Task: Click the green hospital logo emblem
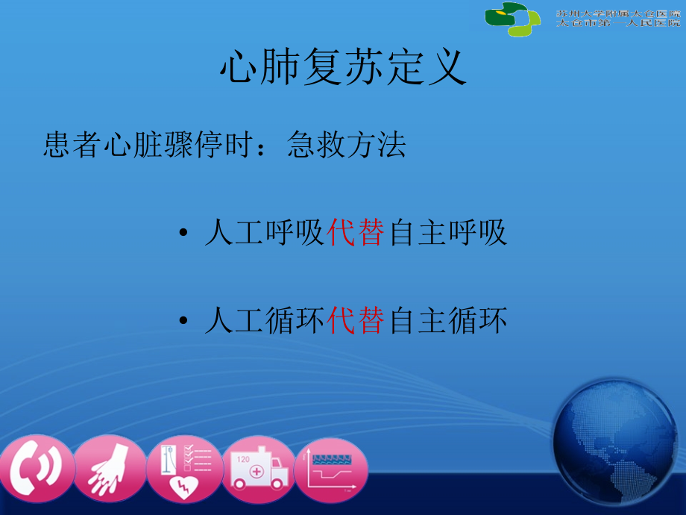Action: click(x=513, y=18)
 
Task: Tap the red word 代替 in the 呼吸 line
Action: click(x=356, y=234)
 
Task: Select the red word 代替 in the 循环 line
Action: click(x=356, y=322)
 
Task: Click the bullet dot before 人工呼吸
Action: click(x=183, y=236)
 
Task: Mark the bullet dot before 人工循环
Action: click(x=183, y=323)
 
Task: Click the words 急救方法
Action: click(x=346, y=146)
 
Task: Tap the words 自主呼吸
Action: click(x=447, y=234)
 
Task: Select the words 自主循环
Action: click(x=447, y=322)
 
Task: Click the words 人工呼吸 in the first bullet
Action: click(x=264, y=234)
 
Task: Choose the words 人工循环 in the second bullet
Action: click(x=264, y=322)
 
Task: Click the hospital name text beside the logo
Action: click(x=617, y=18)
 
